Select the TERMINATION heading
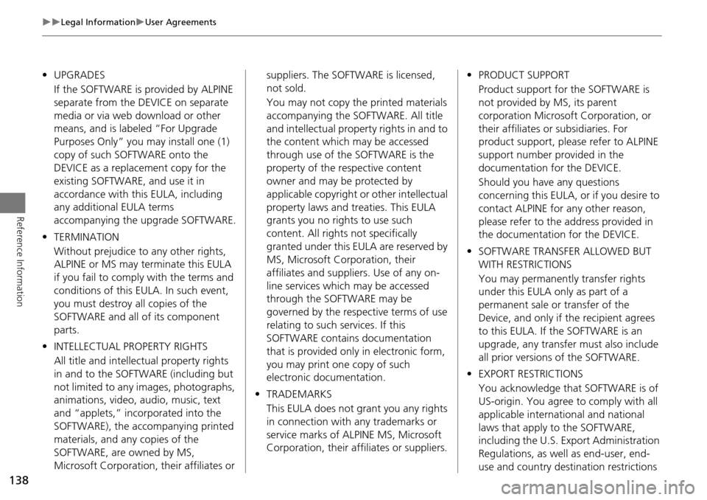click(x=86, y=237)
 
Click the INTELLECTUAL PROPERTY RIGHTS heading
click(x=130, y=346)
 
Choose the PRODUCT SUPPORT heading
click(x=523, y=75)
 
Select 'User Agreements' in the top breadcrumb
click(x=180, y=22)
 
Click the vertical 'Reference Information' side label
click(x=18, y=251)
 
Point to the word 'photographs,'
click(x=203, y=386)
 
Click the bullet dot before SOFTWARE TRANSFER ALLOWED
click(x=469, y=251)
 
